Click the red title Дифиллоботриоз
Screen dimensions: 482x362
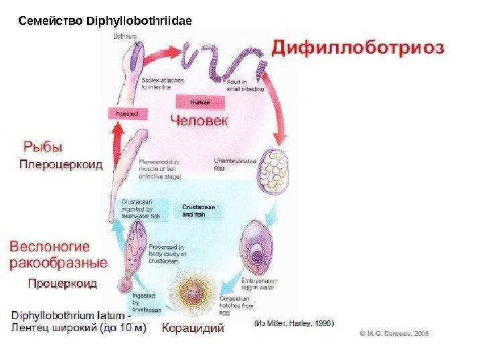click(x=358, y=48)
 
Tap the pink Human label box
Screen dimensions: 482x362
click(x=200, y=102)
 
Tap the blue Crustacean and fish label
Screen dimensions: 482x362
click(x=197, y=210)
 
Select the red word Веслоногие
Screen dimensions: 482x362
click(x=50, y=246)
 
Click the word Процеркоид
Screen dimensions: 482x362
click(x=62, y=283)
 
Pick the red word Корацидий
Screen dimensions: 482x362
click(x=193, y=328)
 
